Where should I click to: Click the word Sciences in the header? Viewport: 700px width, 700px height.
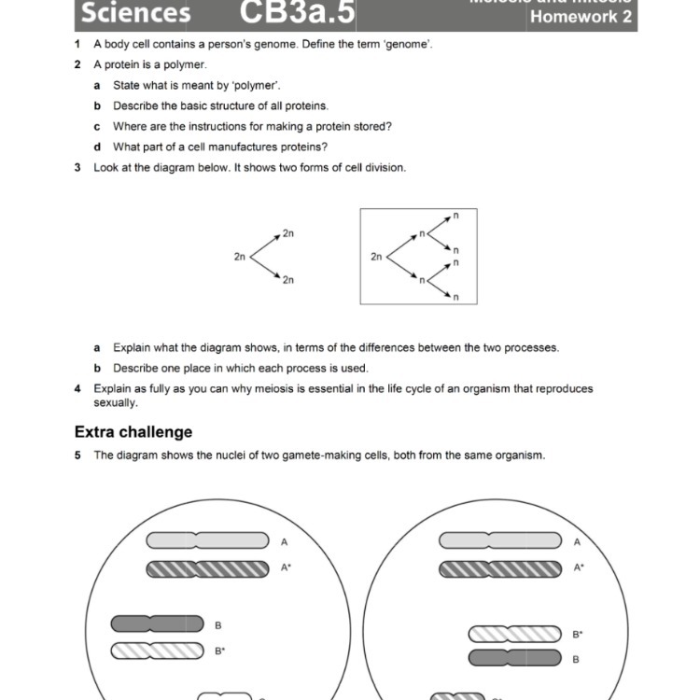click(135, 13)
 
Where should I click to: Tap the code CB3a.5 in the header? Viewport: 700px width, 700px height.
click(298, 13)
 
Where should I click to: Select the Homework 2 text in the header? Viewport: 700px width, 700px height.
click(581, 17)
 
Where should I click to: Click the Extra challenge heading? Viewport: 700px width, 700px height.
click(133, 432)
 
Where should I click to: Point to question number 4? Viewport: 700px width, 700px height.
click(77, 389)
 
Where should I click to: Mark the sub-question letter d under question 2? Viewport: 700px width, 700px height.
click(97, 147)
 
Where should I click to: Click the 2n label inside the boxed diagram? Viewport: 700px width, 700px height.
click(376, 256)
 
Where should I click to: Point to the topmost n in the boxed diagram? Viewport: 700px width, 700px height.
click(456, 216)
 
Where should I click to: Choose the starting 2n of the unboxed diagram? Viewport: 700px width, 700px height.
click(240, 256)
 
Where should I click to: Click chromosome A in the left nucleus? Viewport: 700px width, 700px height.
click(206, 541)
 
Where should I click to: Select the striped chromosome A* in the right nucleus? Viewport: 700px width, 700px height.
click(500, 567)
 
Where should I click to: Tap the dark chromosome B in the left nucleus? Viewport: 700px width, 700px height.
click(157, 623)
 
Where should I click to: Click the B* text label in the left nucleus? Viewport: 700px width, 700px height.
click(220, 651)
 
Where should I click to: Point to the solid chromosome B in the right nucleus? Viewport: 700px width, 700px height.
click(514, 659)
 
